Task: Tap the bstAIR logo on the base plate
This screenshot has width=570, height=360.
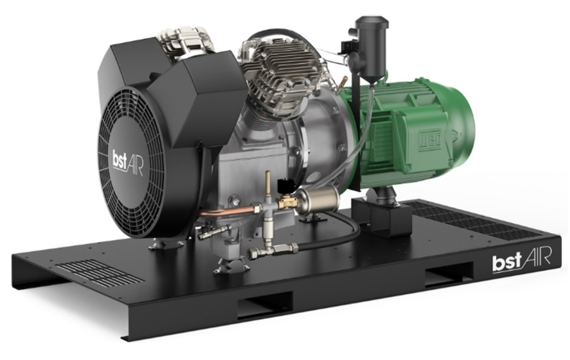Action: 521,260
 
